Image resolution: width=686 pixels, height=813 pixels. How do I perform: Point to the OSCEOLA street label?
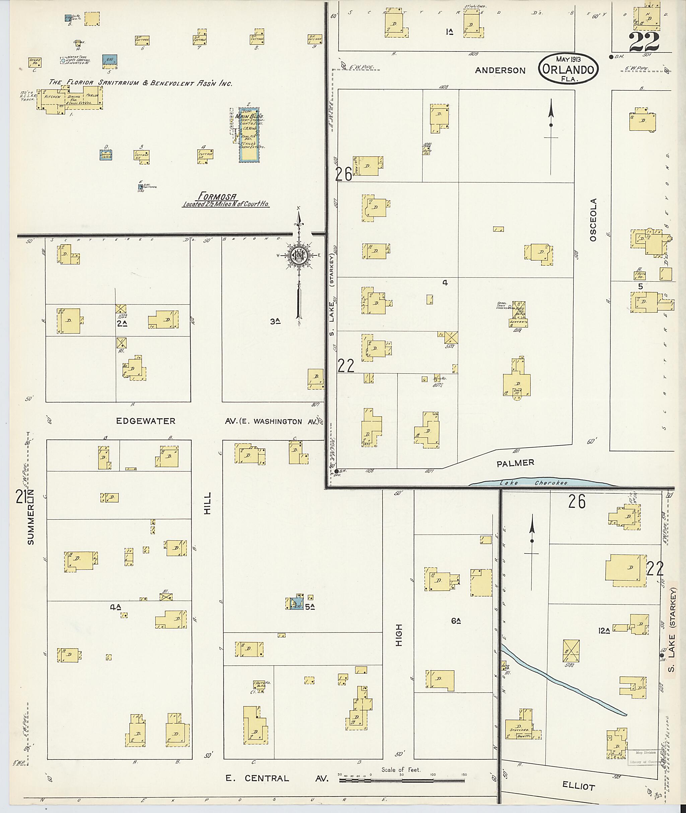tap(593, 220)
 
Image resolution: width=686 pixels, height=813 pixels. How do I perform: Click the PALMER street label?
tap(515, 463)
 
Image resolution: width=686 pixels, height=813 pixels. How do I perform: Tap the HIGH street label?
tap(399, 635)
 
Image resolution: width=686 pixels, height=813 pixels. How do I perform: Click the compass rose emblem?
tap(298, 255)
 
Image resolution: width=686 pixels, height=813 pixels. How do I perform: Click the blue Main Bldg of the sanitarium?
tap(249, 135)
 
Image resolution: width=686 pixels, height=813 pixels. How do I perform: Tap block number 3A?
tap(275, 321)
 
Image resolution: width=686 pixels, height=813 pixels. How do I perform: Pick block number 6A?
tap(456, 621)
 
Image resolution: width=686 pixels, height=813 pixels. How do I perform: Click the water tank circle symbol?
tap(63, 61)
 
